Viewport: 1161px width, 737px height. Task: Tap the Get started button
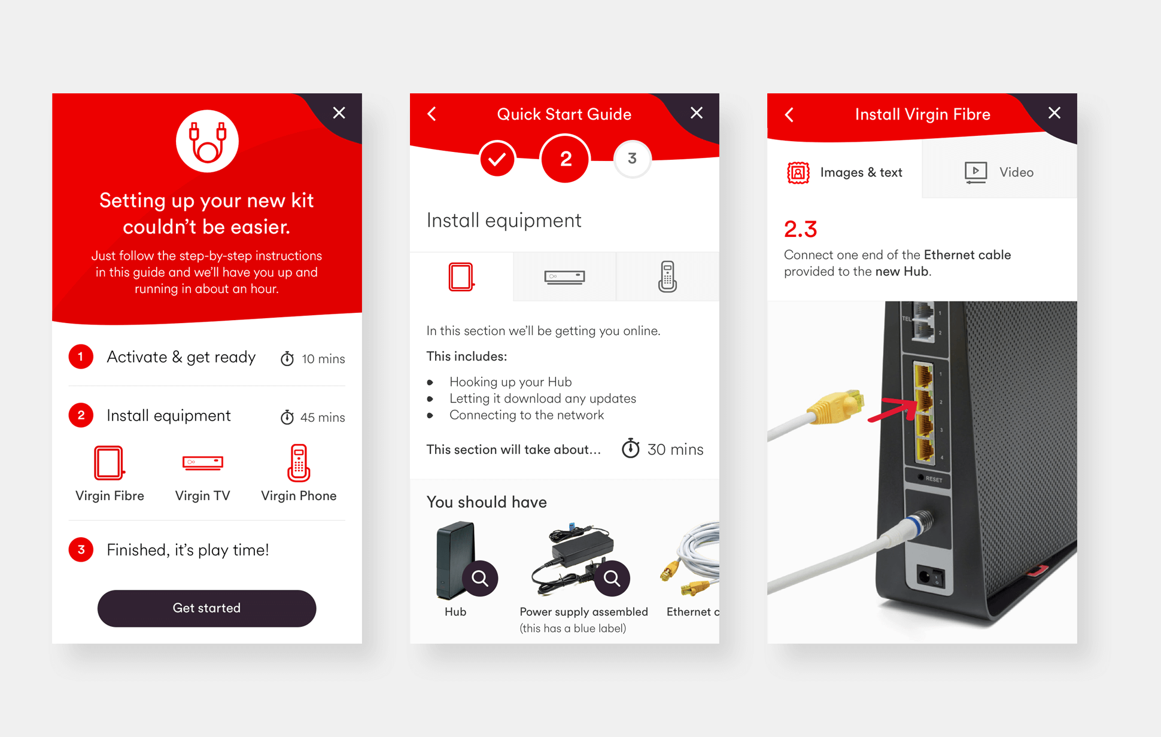pos(206,608)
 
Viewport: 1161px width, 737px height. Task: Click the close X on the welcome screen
pos(339,113)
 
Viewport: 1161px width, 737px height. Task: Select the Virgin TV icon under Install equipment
pos(202,463)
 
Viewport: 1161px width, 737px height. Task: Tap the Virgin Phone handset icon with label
pos(299,473)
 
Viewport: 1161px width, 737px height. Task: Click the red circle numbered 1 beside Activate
pos(81,357)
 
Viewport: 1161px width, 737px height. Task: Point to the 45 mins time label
pos(322,418)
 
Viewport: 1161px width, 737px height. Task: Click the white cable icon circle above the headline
pos(207,142)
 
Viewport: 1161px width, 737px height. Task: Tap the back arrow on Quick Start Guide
pos(432,114)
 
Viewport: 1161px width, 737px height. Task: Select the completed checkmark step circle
pos(497,159)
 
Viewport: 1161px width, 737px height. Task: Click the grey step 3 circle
pos(632,159)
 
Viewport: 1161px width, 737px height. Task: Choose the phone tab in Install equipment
pos(667,277)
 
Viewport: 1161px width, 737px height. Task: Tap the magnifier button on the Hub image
pos(480,578)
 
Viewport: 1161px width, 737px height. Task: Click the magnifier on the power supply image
pos(612,578)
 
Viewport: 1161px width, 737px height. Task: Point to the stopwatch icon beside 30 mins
pos(630,449)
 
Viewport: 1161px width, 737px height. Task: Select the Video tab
pos(999,172)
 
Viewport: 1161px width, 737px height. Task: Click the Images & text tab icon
pos(798,173)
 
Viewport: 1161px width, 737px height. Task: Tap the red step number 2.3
pos(800,229)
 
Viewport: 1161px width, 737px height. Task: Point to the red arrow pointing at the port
pos(892,410)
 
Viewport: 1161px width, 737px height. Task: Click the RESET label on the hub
pos(934,479)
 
